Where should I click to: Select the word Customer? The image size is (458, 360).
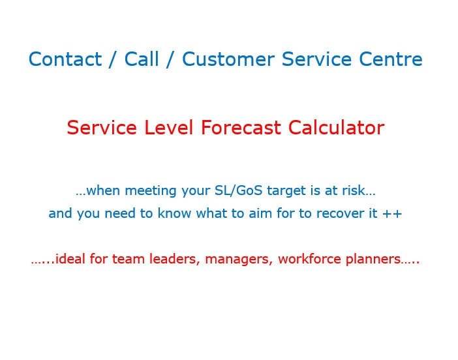coord(229,60)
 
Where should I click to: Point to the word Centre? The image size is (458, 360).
coord(390,60)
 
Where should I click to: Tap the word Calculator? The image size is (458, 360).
coord(337,128)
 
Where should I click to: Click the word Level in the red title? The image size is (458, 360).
coord(166,128)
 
